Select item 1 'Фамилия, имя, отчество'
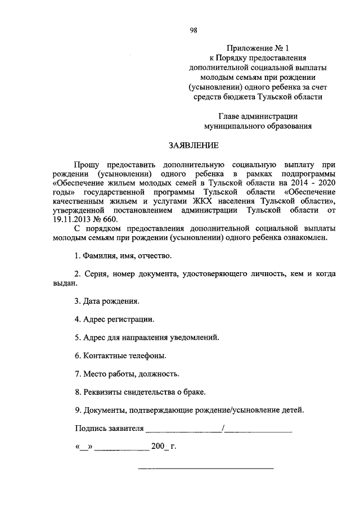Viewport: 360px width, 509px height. [123, 256]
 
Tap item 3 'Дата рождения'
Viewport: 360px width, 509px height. [107, 301]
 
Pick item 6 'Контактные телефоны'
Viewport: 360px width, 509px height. [120, 356]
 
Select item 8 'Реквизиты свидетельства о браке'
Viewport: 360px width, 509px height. [140, 391]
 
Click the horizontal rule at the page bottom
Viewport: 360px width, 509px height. [206, 468]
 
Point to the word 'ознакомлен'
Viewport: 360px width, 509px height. [316, 238]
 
